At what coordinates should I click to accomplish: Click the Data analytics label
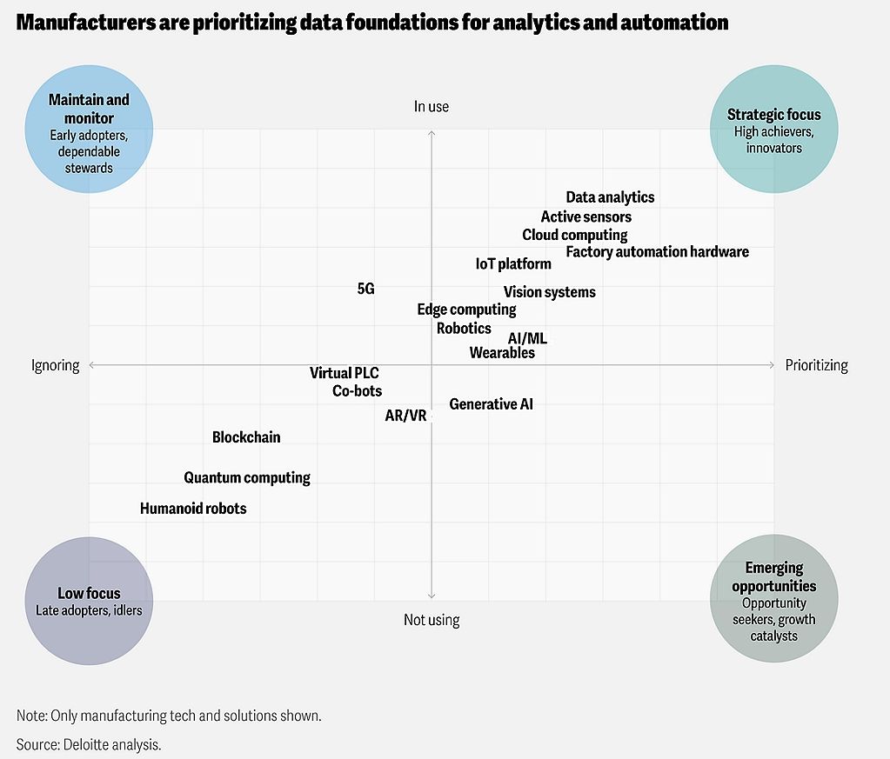point(610,198)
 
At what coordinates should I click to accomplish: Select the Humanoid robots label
point(193,509)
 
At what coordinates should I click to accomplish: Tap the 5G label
point(366,289)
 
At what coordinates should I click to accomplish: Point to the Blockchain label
point(246,437)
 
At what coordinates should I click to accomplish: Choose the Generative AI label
point(491,404)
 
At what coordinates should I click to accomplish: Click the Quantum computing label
point(247,478)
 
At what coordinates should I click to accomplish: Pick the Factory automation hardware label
point(657,252)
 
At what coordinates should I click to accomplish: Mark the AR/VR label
point(405,416)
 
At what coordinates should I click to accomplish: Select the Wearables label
point(502,353)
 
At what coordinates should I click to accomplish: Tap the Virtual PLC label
point(345,374)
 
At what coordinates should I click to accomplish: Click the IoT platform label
point(513,264)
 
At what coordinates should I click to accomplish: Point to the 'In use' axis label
point(432,107)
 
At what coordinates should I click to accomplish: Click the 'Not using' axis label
point(432,620)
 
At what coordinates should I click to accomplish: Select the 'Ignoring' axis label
point(56,365)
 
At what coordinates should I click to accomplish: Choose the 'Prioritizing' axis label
point(816,365)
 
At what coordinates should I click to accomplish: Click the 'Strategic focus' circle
point(773,130)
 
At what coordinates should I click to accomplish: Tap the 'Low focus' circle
point(89,600)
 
